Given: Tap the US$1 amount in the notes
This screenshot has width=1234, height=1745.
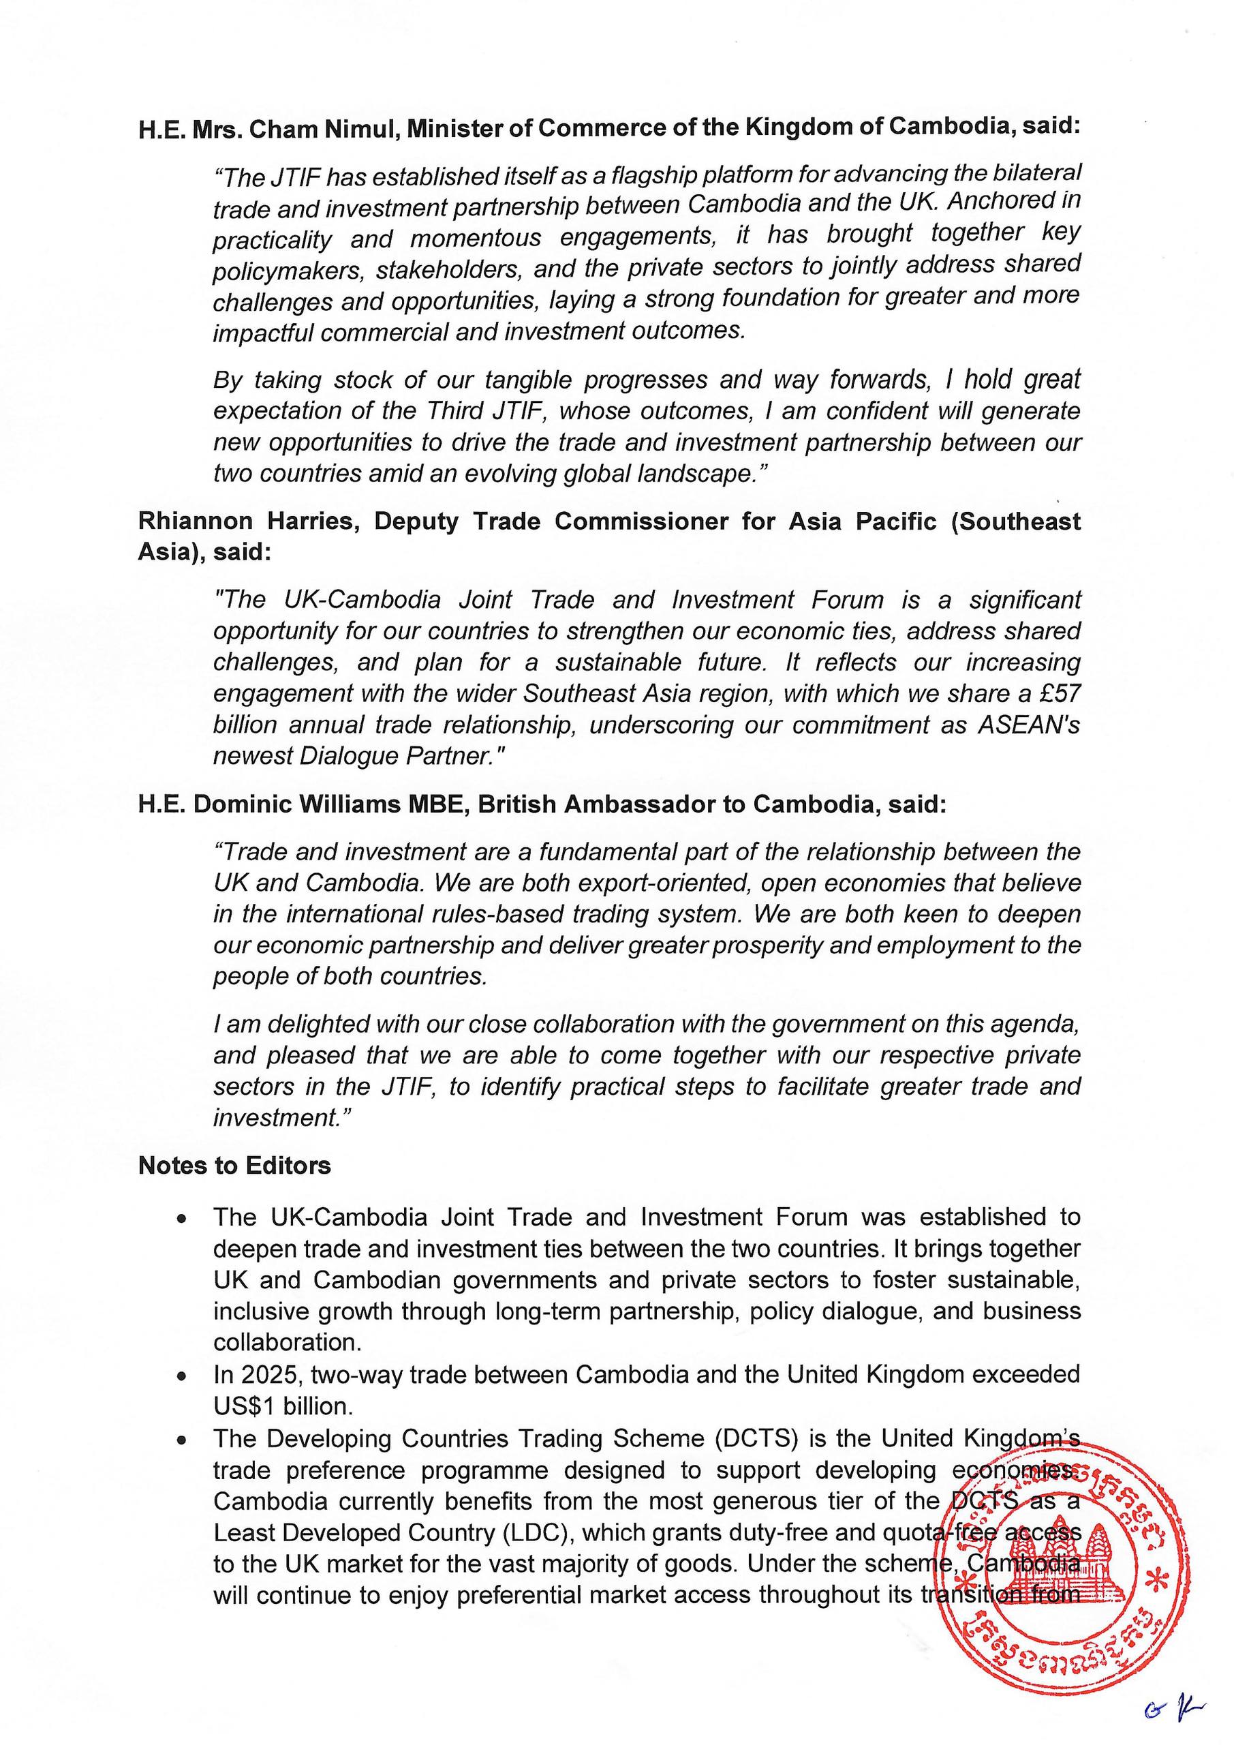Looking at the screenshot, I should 244,1407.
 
